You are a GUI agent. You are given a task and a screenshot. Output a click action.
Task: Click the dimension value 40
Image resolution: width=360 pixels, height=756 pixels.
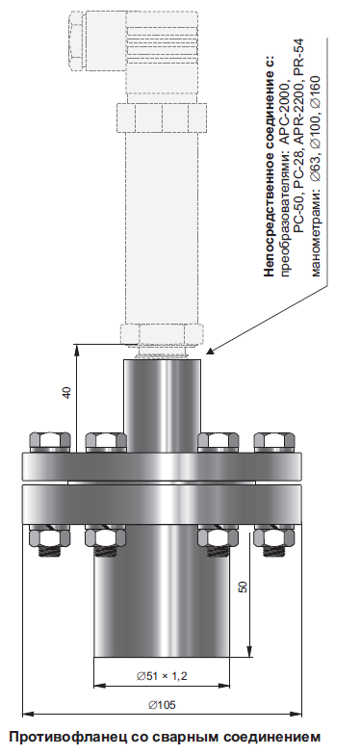tap(67, 392)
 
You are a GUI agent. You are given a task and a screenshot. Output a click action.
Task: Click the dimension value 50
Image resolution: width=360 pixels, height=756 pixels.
tap(243, 587)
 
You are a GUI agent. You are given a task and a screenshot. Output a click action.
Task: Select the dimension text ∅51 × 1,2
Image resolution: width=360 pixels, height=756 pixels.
tap(162, 676)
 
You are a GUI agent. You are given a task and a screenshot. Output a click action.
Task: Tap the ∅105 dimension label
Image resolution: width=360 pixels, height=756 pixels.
tap(162, 705)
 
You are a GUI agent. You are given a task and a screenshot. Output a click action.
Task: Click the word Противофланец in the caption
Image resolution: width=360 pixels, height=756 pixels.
tap(63, 737)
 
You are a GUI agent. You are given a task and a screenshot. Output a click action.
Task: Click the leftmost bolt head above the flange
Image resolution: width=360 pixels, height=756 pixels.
tap(50, 442)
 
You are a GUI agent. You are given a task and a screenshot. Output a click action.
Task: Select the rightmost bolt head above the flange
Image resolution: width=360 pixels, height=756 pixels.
tap(274, 442)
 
